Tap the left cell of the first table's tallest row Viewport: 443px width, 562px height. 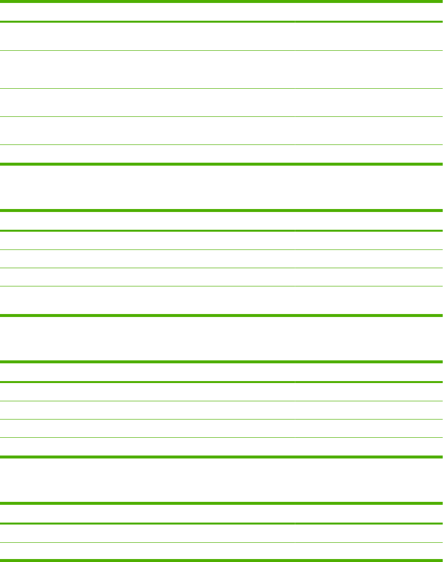[147, 70]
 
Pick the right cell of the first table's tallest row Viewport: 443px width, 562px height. [368, 70]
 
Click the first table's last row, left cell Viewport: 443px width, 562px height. [147, 154]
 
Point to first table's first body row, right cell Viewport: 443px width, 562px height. [368, 36]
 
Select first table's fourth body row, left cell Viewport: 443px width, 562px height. [147, 130]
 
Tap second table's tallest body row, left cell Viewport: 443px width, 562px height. [147, 301]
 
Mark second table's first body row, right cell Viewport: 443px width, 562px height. [368, 241]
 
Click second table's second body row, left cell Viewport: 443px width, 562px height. [147, 259]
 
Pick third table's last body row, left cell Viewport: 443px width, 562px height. [147, 447]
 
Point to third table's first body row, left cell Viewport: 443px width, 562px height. [147, 392]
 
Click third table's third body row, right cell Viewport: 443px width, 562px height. [368, 428]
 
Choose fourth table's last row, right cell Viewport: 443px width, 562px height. [368, 551]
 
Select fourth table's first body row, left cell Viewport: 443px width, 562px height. [147, 533]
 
